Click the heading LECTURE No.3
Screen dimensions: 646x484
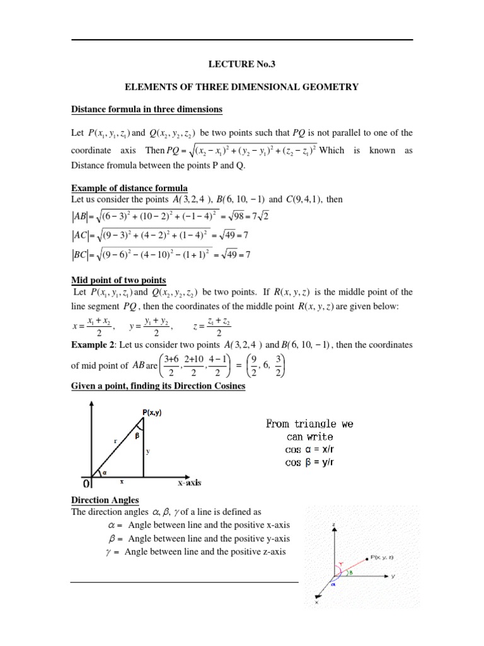(x=242, y=64)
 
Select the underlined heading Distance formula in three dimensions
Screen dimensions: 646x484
(x=146, y=109)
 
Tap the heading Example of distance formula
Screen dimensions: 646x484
(x=129, y=189)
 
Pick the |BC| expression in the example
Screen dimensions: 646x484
(x=81, y=255)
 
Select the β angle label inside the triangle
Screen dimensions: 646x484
(x=137, y=435)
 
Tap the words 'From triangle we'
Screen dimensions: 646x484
(x=309, y=424)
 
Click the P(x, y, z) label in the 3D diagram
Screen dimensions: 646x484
(x=384, y=557)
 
